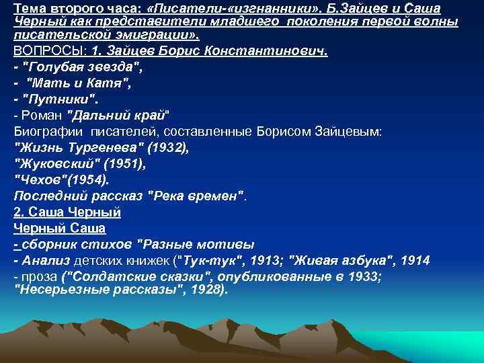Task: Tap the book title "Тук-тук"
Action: (206, 259)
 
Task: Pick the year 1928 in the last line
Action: (206, 290)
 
